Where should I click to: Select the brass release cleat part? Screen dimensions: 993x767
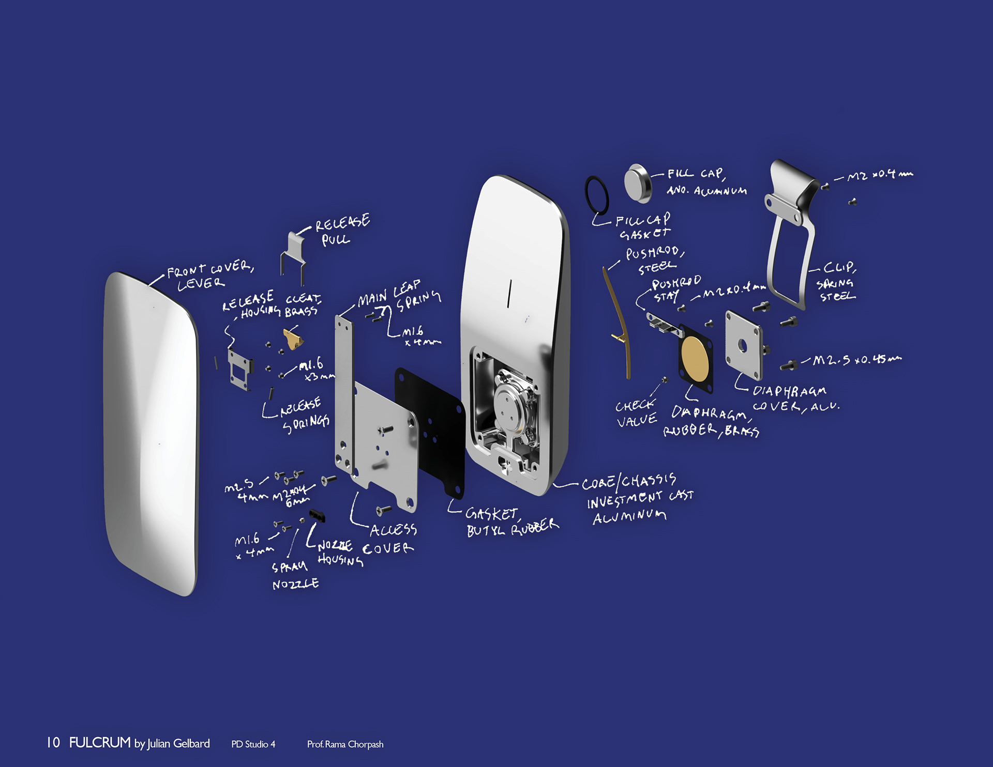[293, 339]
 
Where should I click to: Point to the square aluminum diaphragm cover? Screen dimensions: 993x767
[743, 345]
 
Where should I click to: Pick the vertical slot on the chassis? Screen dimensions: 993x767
[509, 294]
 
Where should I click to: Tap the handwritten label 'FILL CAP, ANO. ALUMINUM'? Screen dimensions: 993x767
[706, 182]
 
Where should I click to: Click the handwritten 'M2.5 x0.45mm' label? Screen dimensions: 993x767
[856, 360]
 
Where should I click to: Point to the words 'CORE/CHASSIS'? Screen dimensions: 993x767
[628, 482]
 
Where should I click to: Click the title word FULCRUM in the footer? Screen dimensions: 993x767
[100, 743]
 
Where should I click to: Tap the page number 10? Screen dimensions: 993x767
[53, 743]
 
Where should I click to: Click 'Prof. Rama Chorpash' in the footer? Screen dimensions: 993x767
[345, 744]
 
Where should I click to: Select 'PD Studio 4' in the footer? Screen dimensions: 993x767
[253, 744]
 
